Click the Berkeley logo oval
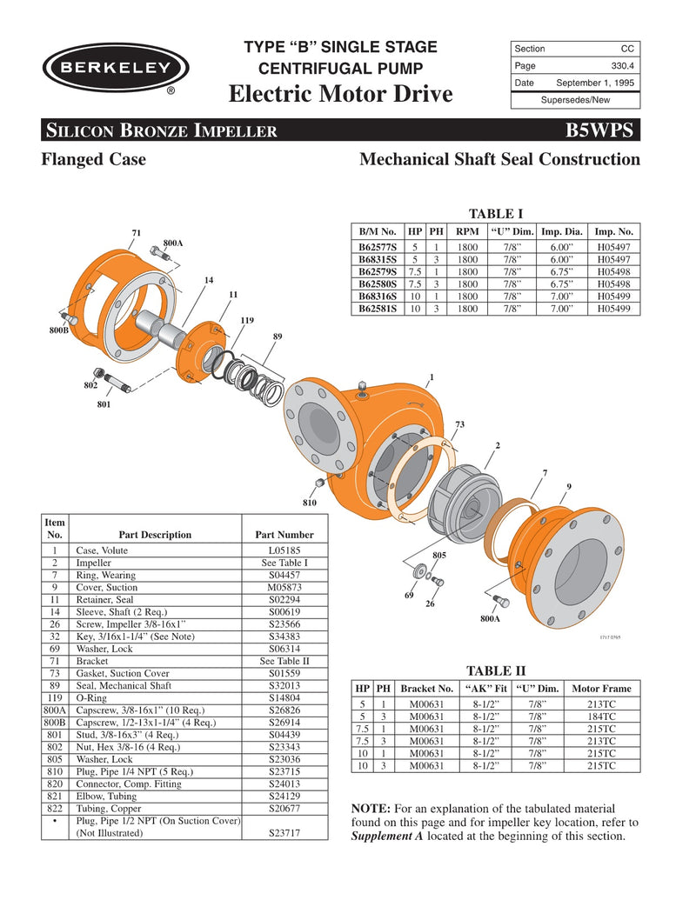coord(115,66)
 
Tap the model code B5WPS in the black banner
coord(603,130)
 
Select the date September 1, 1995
coord(595,83)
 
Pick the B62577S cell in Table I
coord(378,248)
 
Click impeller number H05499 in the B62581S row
coord(613,308)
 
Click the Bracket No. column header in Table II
coord(427,689)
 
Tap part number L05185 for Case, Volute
coord(284,550)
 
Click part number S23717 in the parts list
coord(284,833)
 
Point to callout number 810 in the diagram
coord(311,503)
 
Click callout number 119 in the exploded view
coord(246,321)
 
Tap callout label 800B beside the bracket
coord(57,330)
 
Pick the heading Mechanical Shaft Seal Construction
coord(499,160)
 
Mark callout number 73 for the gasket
coord(459,423)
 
